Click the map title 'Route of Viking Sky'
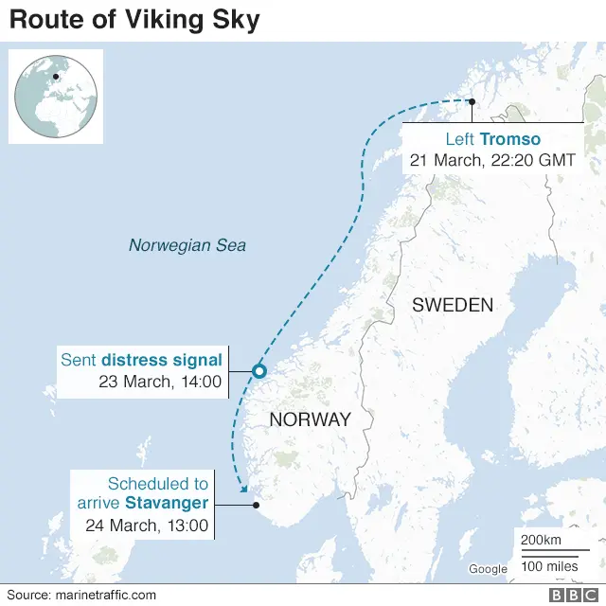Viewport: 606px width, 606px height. point(134,20)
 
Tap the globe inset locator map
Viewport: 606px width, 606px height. point(55,97)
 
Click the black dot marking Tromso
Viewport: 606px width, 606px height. point(472,101)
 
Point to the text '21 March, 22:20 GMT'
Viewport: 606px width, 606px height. point(491,160)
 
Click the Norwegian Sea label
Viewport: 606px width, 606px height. point(187,245)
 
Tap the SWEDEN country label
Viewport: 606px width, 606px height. point(453,305)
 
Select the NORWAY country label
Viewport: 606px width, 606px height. point(310,419)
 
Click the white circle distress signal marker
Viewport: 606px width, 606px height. point(258,371)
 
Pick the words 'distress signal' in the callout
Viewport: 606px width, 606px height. point(162,360)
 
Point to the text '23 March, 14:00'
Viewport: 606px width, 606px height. point(160,383)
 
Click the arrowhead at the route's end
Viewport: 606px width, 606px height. point(243,489)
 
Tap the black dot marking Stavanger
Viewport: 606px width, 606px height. point(256,505)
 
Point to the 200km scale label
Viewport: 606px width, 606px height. point(541,539)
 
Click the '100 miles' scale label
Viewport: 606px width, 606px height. point(548,566)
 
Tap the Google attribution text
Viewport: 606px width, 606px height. point(488,569)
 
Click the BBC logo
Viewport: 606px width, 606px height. point(566,595)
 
